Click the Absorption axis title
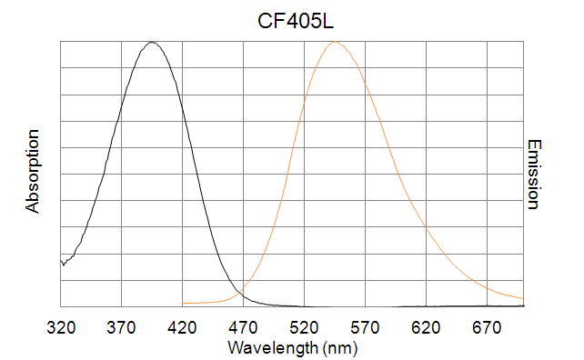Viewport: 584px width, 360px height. (x=34, y=172)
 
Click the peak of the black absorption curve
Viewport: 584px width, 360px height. (x=153, y=42)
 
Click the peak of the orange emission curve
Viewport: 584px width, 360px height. (x=336, y=42)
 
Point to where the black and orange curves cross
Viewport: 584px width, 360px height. (x=238, y=291)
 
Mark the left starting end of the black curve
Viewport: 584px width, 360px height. (x=61, y=262)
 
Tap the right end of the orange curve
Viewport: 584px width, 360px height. (x=525, y=297)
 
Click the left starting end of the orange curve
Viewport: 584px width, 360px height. (x=184, y=303)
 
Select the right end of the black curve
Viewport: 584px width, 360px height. (x=525, y=305)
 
